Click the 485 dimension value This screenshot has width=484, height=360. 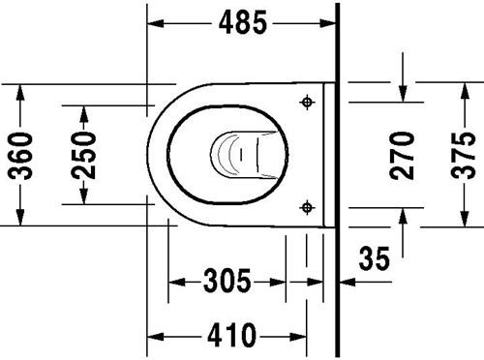point(243,22)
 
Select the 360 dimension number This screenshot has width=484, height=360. point(20,156)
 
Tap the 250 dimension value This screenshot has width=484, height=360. point(84,155)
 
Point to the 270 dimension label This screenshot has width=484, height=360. point(402,156)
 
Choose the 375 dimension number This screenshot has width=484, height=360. point(464,156)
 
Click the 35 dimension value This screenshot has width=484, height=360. point(375,258)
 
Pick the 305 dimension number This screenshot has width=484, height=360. point(227,282)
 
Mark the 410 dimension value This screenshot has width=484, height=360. point(231,336)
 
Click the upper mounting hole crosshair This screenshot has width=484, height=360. point(307,103)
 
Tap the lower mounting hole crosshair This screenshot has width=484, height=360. point(307,207)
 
